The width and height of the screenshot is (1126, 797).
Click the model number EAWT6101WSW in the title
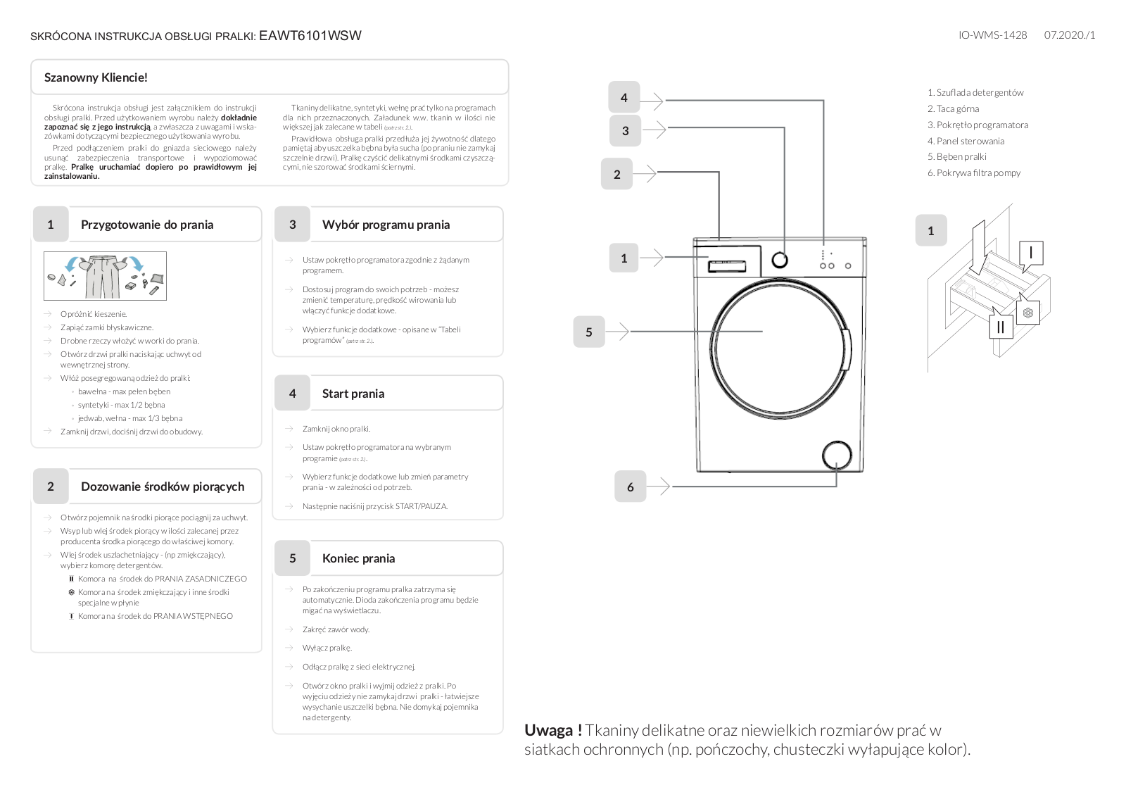pos(310,36)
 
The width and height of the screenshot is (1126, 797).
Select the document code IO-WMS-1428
pos(992,34)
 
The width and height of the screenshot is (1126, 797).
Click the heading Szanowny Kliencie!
pos(96,77)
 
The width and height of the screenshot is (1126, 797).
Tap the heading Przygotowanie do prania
pos(146,225)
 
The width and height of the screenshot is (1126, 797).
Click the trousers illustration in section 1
pos(104,276)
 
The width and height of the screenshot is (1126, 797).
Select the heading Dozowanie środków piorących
pos(162,487)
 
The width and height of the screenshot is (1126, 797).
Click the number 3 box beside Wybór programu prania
pos(292,225)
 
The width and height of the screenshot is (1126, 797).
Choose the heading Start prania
pos(353,394)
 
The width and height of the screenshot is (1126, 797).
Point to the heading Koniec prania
pos(358,558)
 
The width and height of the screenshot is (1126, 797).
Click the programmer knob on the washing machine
pos(780,260)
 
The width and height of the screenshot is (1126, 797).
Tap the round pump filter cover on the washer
pos(836,456)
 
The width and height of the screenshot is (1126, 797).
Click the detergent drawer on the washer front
pos(727,265)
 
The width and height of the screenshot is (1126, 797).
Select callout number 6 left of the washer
pos(630,487)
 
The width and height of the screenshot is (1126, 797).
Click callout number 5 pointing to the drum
pos(589,332)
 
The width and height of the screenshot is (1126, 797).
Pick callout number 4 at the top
pos(624,98)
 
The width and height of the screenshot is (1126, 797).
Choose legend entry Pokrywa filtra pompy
pos(978,172)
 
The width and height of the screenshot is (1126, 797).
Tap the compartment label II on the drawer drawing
pos(1001,327)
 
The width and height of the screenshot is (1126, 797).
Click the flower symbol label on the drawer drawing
pos(1028,313)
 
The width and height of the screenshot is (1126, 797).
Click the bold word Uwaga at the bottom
pos(552,730)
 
